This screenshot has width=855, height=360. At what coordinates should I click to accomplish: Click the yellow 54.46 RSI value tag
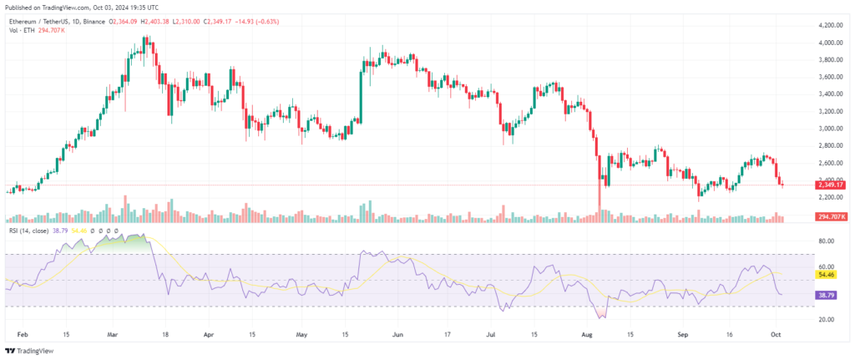tap(827, 274)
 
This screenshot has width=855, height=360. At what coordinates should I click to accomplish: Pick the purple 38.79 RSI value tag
tap(827, 294)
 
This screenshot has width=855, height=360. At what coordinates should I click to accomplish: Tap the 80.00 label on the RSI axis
tap(827, 241)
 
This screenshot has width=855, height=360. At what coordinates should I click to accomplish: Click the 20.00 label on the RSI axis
tap(827, 319)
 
